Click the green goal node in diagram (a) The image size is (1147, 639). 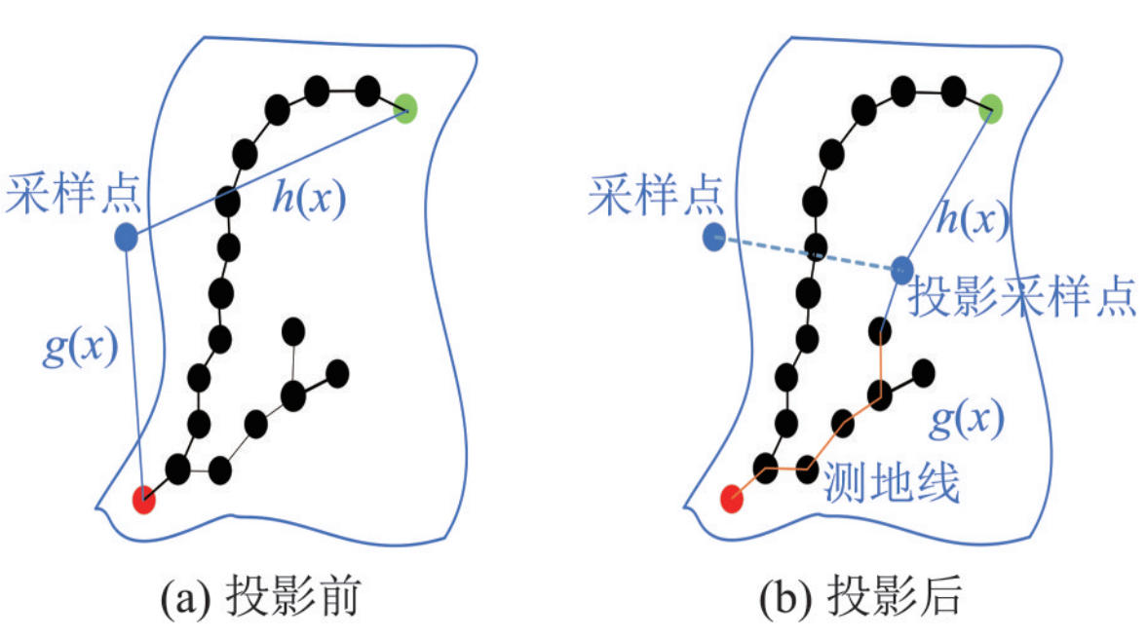click(406, 107)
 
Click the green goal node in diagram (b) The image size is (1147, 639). click(992, 107)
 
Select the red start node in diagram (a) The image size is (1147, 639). click(143, 500)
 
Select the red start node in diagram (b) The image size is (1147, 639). click(732, 500)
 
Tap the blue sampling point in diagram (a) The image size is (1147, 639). click(126, 237)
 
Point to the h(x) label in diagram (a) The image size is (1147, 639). click(308, 201)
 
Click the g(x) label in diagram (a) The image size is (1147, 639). click(80, 345)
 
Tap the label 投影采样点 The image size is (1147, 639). click(1021, 300)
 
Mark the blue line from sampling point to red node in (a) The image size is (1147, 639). click(134, 370)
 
